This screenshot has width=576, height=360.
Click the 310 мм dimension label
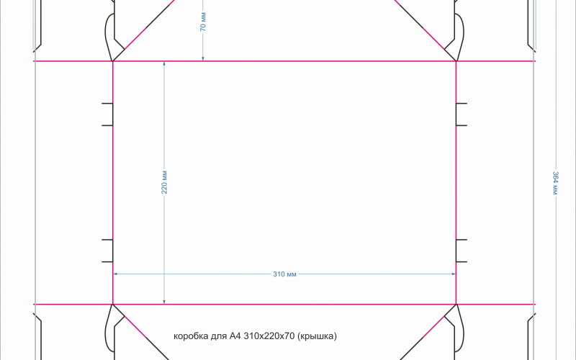tap(284, 274)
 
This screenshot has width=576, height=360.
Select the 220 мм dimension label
tap(164, 182)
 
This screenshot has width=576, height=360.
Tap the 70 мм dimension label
tap(203, 22)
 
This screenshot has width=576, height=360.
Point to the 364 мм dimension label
tap(555, 183)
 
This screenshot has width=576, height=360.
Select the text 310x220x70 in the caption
tap(269, 336)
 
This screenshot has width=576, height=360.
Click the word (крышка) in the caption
tap(317, 336)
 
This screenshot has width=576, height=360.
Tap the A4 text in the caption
tap(235, 336)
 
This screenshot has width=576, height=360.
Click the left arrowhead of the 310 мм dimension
tap(115, 274)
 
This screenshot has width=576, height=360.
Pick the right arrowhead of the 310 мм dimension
tap(454, 274)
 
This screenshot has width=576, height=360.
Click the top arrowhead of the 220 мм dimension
tap(164, 64)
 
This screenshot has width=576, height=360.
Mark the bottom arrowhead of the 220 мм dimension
tap(164, 302)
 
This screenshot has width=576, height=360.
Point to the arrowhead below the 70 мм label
tap(203, 58)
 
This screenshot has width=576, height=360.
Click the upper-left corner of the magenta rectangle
tap(113, 61)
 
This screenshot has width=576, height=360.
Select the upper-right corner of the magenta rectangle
tap(456, 61)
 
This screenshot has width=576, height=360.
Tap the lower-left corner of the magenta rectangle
tap(113, 305)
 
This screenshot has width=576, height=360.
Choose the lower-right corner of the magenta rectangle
tap(456, 305)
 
